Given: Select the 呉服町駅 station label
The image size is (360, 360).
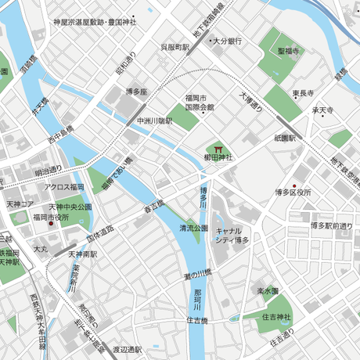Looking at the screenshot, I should pos(175,47).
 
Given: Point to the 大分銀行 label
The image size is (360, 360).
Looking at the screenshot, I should pos(228,41).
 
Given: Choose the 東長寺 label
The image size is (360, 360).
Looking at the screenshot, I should pos(305,94).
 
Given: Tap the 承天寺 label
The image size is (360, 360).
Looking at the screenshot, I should pos(323,111).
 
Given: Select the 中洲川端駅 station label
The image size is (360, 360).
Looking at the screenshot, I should pos(153,121).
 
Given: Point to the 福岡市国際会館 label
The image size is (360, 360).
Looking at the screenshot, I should pos(200,102).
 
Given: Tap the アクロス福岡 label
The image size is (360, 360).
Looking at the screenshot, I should pos(64,188).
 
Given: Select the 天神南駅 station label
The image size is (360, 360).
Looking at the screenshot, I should pos(81,254).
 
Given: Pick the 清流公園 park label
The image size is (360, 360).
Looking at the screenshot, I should pos(193,229).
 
